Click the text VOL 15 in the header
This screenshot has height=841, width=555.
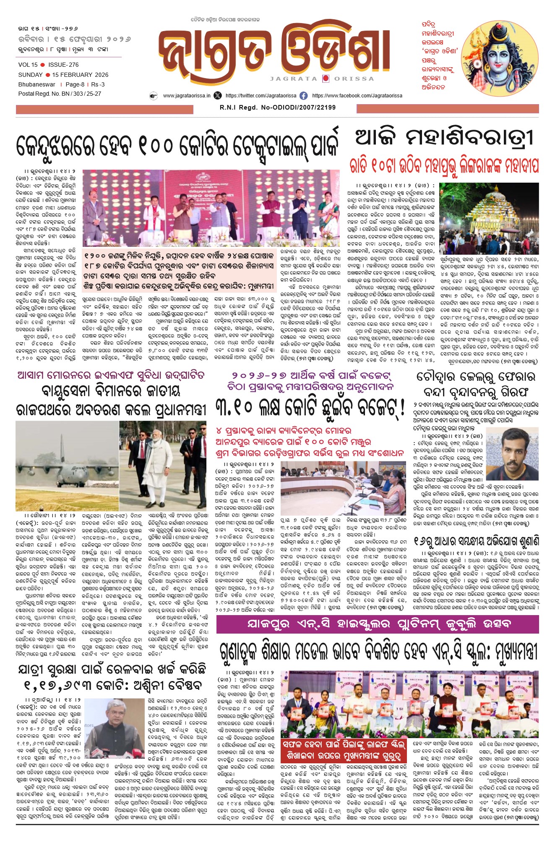[28, 65]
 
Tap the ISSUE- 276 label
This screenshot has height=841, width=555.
[63, 65]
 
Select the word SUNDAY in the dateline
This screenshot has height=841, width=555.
[30, 75]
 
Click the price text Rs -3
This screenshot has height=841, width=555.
[98, 84]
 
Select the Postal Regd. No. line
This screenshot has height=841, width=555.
[60, 94]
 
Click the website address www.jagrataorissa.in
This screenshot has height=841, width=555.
[187, 96]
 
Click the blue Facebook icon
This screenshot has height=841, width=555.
[303, 96]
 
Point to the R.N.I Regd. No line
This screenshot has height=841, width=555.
[277, 107]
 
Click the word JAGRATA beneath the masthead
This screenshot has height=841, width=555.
[294, 79]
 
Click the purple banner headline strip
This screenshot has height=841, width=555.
[377, 624]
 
